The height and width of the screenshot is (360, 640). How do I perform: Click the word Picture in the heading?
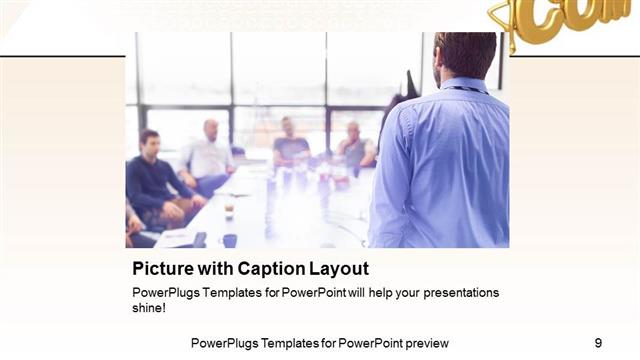[162, 269]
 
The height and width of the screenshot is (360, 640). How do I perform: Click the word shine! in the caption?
[149, 308]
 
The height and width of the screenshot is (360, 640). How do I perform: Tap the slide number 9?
[598, 342]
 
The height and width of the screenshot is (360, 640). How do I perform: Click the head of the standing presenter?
[465, 54]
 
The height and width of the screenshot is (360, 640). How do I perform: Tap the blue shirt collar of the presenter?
[466, 84]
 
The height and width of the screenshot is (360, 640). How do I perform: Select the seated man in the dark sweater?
[155, 180]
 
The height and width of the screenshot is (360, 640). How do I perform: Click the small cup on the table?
[229, 207]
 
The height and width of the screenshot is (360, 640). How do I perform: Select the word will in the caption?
[336, 293]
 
